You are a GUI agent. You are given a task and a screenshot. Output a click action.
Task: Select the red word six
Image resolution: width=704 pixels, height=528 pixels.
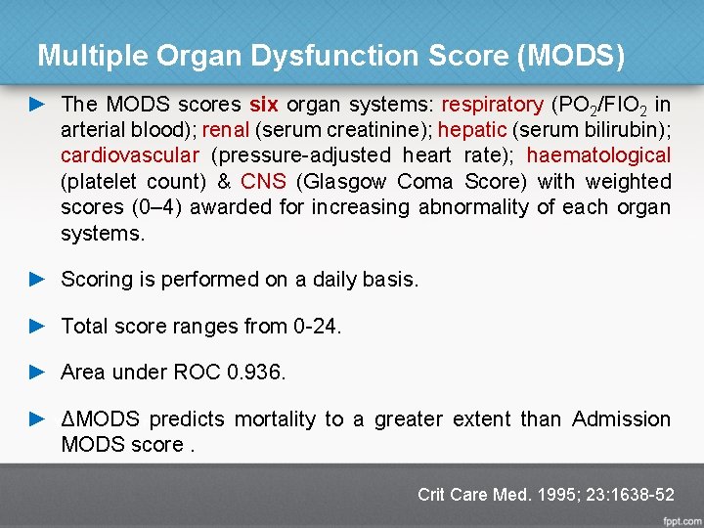click(x=263, y=105)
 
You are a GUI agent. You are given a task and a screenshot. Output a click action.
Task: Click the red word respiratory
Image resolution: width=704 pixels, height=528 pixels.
click(x=492, y=105)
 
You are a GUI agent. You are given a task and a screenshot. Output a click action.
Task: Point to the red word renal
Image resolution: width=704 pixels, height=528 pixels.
click(x=225, y=130)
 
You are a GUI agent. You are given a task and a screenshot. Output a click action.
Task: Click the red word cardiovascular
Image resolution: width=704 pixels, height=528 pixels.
click(x=130, y=155)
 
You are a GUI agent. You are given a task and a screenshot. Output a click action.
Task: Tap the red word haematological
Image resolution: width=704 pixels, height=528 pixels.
click(x=598, y=155)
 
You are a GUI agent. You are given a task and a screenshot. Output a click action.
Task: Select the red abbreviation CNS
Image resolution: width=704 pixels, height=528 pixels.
click(x=263, y=181)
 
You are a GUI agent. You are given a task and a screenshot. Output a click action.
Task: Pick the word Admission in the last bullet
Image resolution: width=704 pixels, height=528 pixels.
click(x=621, y=419)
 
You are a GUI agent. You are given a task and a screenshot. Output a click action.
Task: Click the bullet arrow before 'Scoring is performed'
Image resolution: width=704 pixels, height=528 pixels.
click(x=38, y=279)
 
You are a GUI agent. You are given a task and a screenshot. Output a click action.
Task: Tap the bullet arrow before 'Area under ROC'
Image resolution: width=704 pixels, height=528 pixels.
click(x=38, y=372)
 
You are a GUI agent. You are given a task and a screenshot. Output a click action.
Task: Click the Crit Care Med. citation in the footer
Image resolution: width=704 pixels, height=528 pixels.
click(x=545, y=495)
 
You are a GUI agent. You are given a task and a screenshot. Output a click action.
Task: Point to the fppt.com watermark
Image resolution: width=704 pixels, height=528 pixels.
click(x=681, y=519)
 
